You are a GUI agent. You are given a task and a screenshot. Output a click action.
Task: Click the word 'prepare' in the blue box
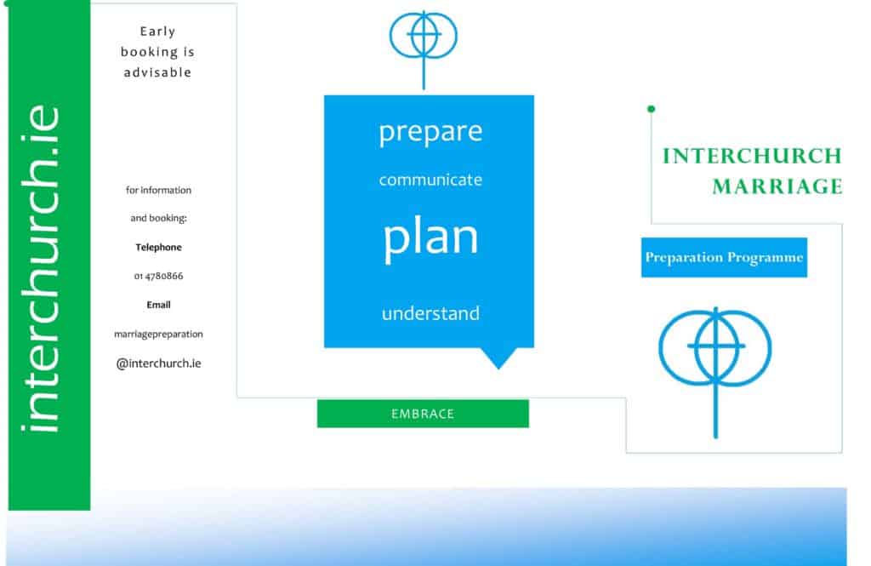(x=430, y=132)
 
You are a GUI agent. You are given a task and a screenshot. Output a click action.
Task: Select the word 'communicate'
(x=430, y=180)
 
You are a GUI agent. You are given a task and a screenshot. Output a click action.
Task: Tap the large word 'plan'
(x=430, y=239)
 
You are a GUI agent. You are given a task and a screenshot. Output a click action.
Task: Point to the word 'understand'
(x=430, y=313)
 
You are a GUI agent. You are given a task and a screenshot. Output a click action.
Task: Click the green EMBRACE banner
(x=423, y=414)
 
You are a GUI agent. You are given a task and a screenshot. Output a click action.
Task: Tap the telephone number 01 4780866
(x=158, y=276)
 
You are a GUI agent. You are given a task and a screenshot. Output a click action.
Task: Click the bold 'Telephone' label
(x=158, y=248)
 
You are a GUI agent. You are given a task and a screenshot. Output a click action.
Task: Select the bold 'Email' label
(x=158, y=305)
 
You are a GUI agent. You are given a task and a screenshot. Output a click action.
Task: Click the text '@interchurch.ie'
(x=158, y=363)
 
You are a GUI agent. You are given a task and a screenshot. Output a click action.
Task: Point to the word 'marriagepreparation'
(x=158, y=334)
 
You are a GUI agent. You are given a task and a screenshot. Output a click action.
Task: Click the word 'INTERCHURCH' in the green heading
(x=752, y=157)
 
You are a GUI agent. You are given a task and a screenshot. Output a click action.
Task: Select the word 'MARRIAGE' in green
(x=777, y=186)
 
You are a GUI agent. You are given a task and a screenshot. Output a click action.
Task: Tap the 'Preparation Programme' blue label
(x=724, y=257)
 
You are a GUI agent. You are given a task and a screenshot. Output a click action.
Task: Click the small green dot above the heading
(x=651, y=109)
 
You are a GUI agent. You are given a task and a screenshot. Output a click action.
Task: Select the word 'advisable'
(x=157, y=72)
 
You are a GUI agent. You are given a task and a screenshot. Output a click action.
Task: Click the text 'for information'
(x=158, y=190)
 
